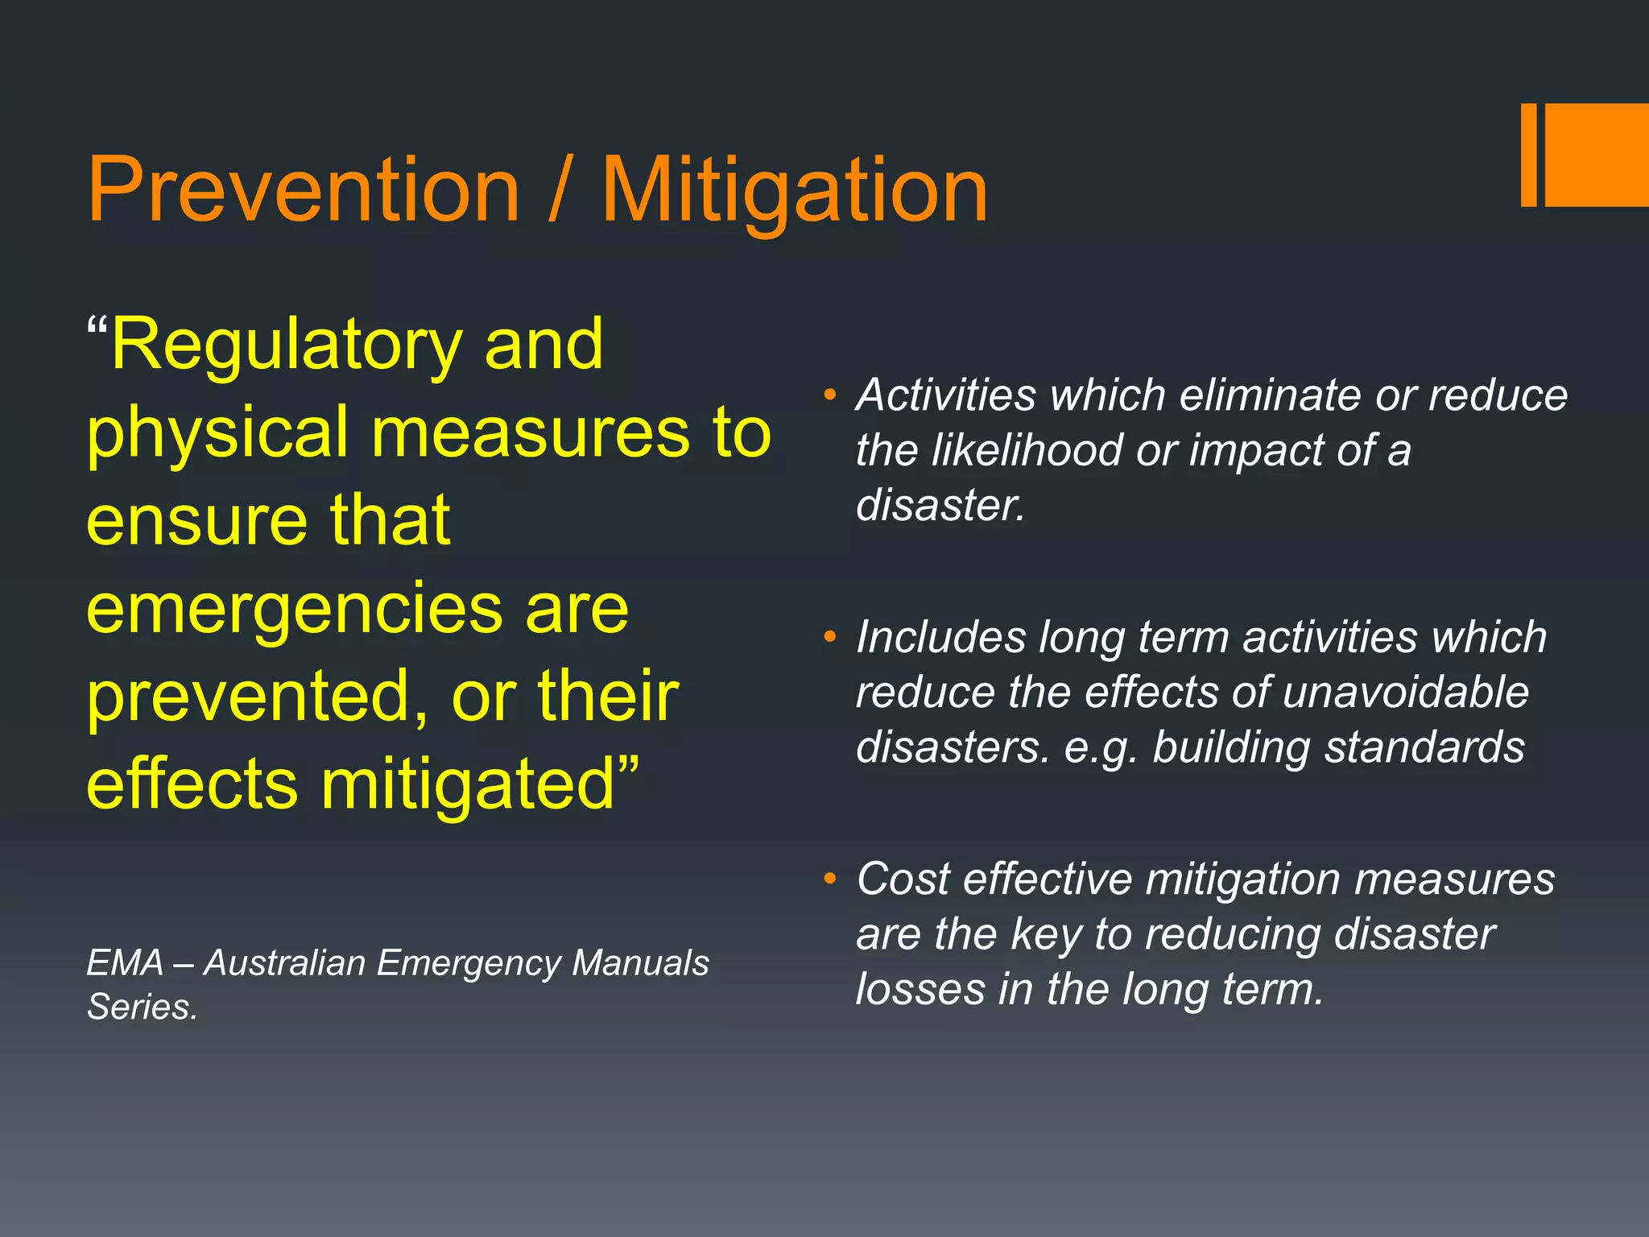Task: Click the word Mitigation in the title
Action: [795, 192]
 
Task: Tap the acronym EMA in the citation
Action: [125, 963]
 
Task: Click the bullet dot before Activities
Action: [830, 395]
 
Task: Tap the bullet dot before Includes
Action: [830, 638]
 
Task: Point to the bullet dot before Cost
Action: [830, 879]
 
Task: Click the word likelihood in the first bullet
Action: [1027, 450]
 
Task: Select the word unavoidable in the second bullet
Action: [1405, 693]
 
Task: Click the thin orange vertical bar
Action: [1528, 155]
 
